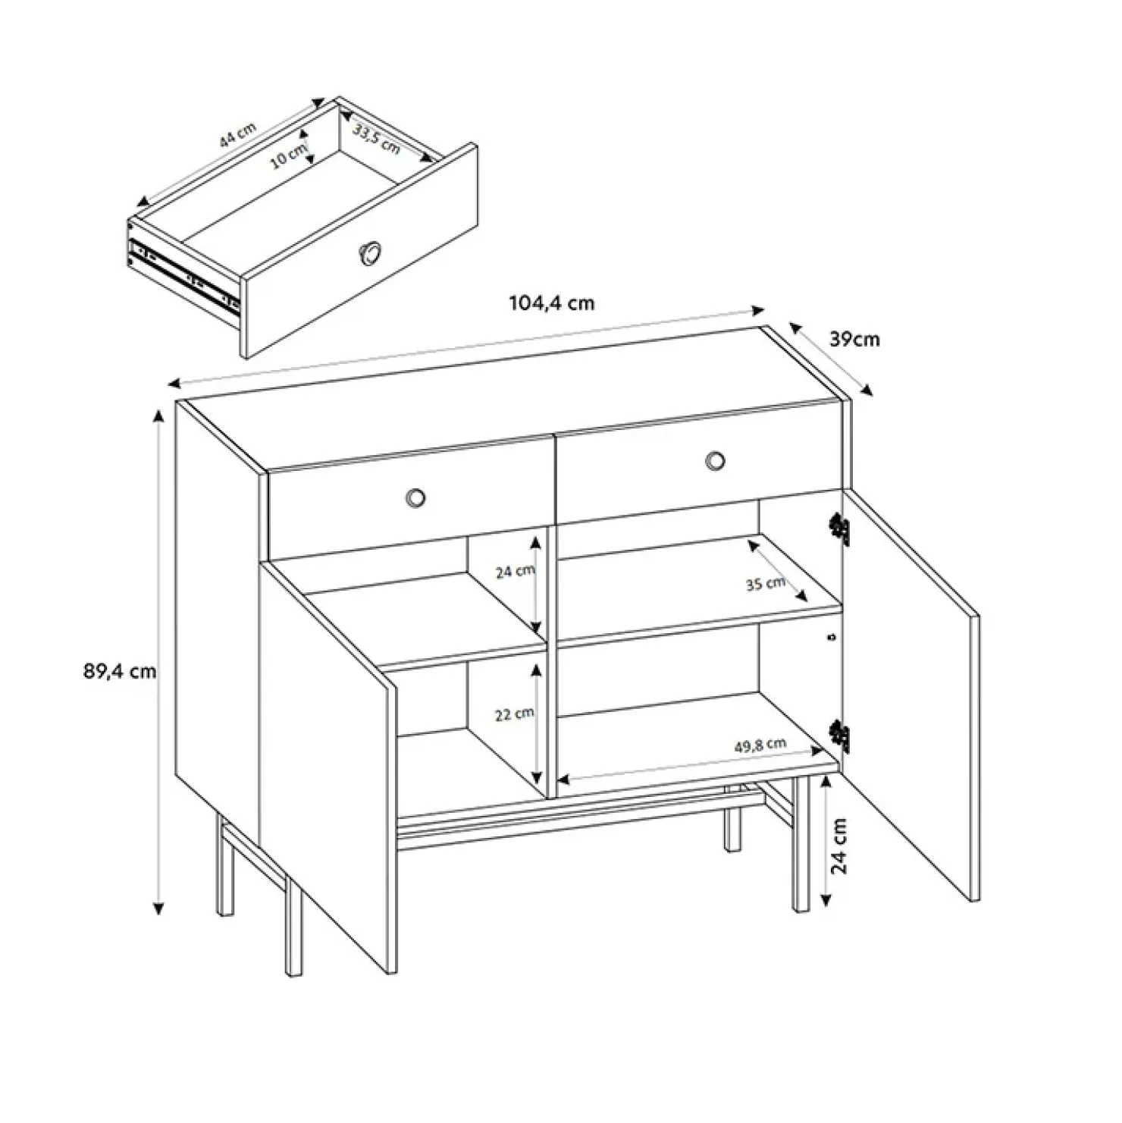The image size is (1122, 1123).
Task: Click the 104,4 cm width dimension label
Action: (551, 303)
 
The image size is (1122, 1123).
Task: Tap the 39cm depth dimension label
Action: (855, 339)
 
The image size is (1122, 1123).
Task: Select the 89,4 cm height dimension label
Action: (120, 671)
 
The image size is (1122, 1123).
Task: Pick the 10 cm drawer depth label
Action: (289, 156)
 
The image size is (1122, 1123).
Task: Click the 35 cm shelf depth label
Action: (765, 583)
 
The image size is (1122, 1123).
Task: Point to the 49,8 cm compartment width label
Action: (760, 745)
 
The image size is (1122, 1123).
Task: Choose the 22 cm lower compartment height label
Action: (515, 714)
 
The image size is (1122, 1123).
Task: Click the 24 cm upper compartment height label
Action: (515, 571)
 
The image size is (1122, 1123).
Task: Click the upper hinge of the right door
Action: (839, 528)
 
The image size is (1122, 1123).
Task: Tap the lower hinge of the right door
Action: (839, 735)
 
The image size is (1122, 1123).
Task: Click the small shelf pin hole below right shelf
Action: (834, 637)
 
